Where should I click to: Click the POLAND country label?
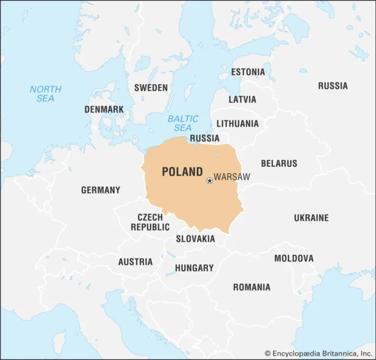pos(182,172)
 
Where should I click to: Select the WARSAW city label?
pos(232,177)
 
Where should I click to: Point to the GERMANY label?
pos(100,190)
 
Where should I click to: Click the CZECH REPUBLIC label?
pos(150,222)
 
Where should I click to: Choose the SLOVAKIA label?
pos(196,239)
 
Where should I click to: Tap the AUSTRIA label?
pos(135,262)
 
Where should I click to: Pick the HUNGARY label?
pos(194,268)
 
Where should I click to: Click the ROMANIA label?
pos(251,287)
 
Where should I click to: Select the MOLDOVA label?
pos(294,258)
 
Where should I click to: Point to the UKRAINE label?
pos(311,218)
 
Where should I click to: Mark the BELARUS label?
pos(279,163)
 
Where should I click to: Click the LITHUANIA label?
pos(237,124)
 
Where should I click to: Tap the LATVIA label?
pos(242,99)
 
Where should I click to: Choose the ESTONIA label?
pos(248,72)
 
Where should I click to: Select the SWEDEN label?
pos(151,88)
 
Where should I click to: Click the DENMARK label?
pos(104,109)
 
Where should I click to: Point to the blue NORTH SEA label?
pos(45,94)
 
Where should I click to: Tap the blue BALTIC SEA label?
pos(183,123)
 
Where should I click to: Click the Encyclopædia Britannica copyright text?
pos(318,353)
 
